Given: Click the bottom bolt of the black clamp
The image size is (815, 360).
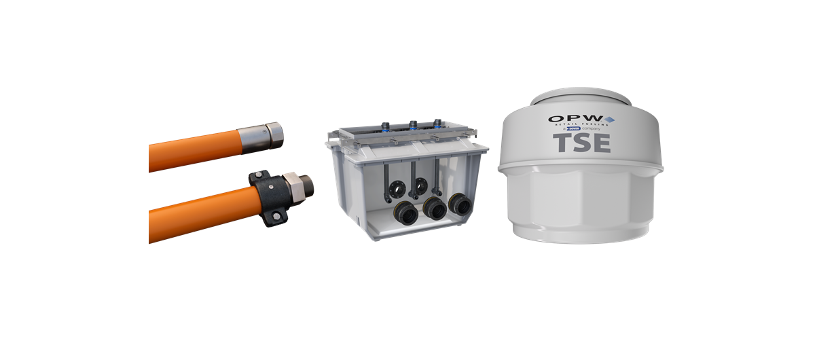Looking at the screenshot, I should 277,217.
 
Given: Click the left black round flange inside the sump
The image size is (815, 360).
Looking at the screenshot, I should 399,184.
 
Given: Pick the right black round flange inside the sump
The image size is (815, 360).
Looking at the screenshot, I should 422,183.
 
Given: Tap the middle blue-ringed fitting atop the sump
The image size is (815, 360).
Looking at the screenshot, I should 412,124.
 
